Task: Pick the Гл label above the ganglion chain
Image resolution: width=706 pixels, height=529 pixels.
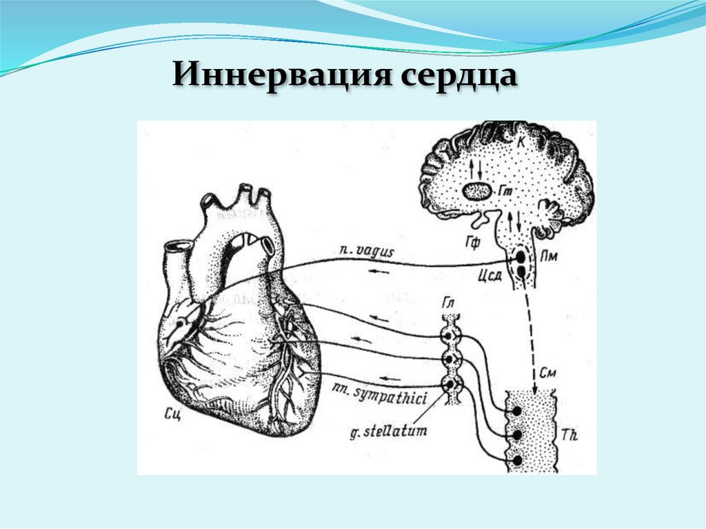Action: tap(449, 303)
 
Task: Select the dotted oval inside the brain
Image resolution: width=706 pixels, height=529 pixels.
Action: tap(476, 191)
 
